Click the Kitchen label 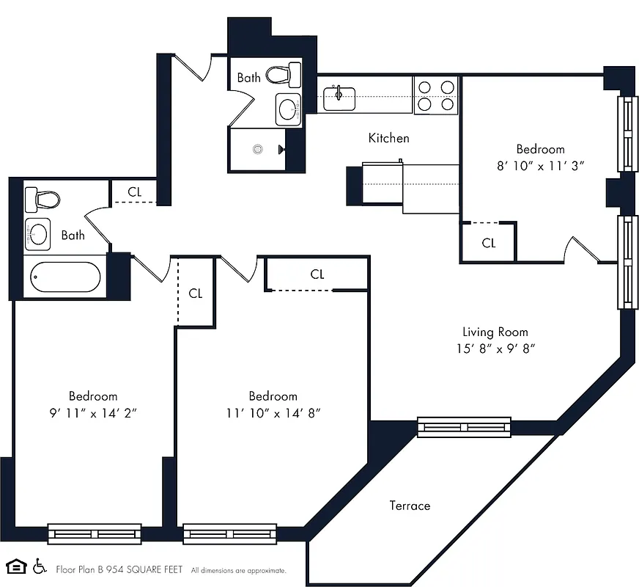(388, 138)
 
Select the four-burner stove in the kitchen (436, 95)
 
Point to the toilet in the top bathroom (284, 74)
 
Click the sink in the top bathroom (289, 110)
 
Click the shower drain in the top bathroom (257, 149)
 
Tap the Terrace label (410, 506)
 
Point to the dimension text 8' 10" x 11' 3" (540, 166)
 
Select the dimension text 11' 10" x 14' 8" (273, 413)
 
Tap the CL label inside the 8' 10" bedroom (489, 243)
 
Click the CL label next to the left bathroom (134, 192)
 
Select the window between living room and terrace (464, 426)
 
